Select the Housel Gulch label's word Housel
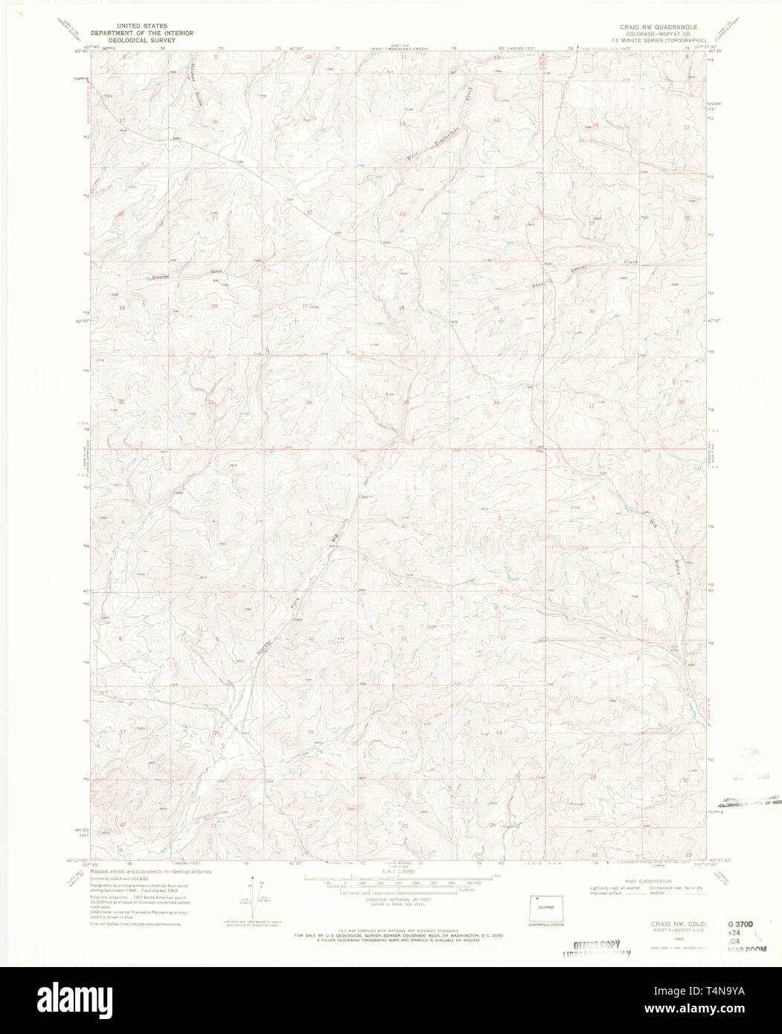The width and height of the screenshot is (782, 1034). tap(194, 72)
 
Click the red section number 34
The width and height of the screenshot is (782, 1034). tap(309, 402)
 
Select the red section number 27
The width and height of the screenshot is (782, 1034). tap(304, 306)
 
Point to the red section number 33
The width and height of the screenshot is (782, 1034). tap(211, 402)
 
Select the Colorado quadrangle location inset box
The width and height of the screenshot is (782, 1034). tap(546, 908)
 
